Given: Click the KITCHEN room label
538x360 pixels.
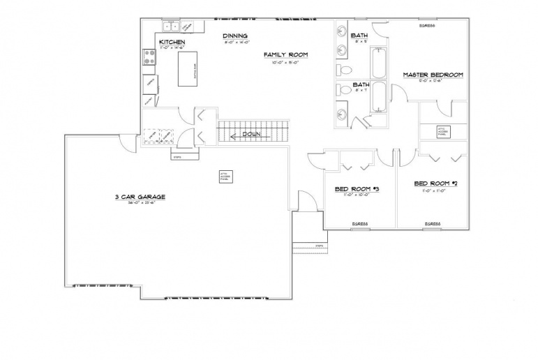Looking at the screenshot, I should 172,43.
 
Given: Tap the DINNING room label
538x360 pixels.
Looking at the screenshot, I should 235,36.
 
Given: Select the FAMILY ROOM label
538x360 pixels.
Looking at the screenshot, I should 285,54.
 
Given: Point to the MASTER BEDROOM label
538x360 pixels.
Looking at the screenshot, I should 433,75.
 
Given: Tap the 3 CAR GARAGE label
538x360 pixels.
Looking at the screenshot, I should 135,197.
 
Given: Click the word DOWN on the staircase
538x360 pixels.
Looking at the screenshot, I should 251,134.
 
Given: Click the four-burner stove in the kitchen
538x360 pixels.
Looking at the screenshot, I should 149,57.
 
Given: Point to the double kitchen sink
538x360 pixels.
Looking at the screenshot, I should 171,27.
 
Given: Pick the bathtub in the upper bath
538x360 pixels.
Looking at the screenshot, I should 378,63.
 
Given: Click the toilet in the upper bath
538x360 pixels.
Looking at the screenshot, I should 345,70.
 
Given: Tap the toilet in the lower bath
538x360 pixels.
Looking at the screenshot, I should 343,89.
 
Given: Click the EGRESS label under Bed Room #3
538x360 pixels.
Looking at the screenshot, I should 360,223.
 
